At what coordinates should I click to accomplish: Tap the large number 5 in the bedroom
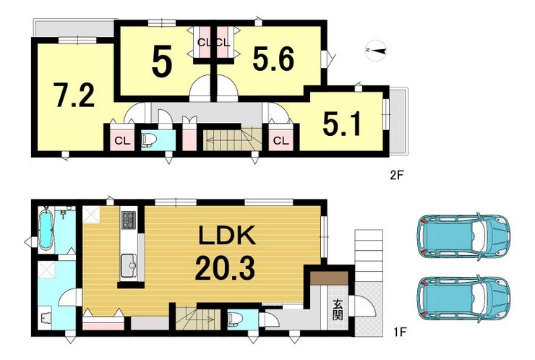coord(161,62)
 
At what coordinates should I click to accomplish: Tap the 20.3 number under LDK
coord(225,268)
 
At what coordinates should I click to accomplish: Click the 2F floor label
coord(397,176)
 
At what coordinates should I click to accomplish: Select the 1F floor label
coord(399,332)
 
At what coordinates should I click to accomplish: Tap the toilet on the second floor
coord(148,140)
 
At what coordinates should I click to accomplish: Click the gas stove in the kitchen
coord(128,220)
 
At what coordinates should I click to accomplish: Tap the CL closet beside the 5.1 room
coord(281,140)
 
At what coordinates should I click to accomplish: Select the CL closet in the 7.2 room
coord(122,140)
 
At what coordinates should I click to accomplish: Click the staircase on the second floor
coord(232,140)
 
